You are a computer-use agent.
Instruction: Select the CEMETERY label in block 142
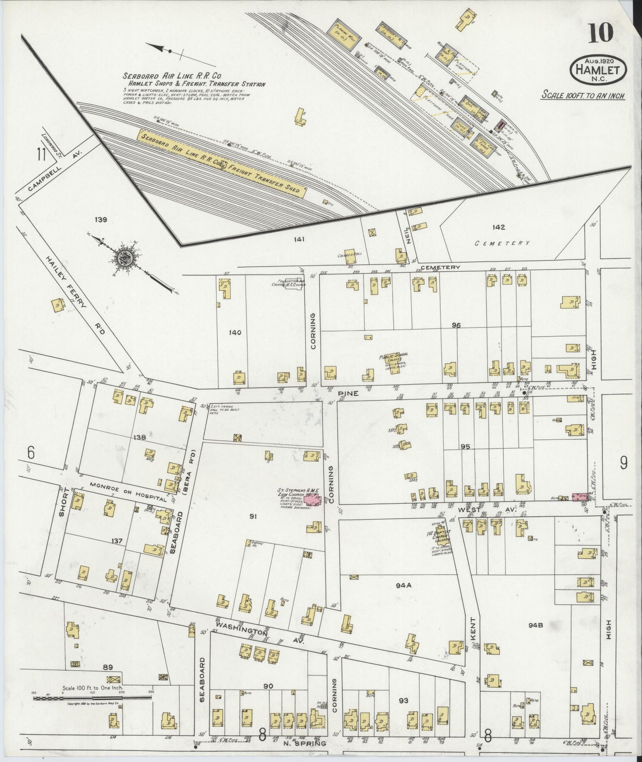click(x=503, y=243)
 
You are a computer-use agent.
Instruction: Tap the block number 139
click(x=101, y=219)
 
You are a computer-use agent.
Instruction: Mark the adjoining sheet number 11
click(x=40, y=154)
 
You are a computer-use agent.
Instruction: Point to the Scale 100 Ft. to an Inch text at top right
click(x=583, y=96)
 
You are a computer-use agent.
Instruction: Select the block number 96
click(x=456, y=325)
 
